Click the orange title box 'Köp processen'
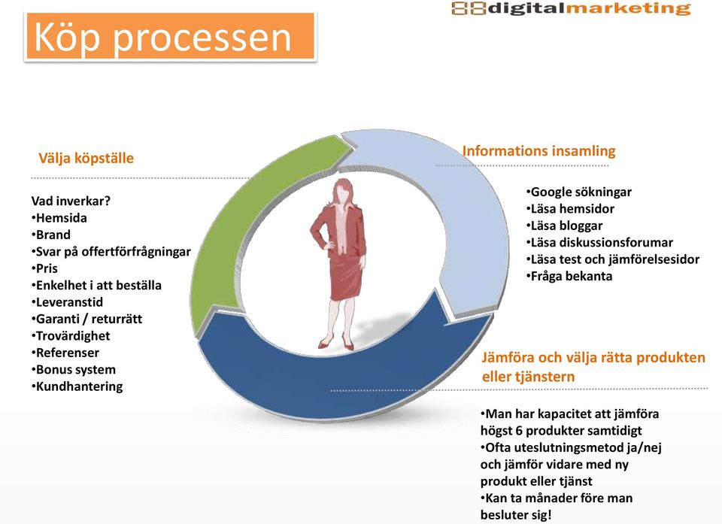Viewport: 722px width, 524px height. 171,37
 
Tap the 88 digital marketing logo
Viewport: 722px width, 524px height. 571,8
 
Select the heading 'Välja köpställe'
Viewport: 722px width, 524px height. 86,159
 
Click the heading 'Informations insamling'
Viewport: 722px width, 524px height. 538,151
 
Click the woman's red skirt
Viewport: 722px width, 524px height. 347,276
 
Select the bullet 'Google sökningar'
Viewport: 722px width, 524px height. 579,192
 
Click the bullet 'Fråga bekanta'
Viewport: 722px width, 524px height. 569,276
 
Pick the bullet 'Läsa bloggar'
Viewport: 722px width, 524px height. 564,226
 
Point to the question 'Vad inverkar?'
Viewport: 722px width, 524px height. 71,201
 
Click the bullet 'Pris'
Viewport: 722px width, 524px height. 44,268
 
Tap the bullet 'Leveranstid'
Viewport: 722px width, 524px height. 67,302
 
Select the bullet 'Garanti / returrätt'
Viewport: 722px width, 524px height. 86,319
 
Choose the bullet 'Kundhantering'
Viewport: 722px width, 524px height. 77,386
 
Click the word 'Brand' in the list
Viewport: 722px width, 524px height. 53,235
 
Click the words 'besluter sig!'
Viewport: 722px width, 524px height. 516,515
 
